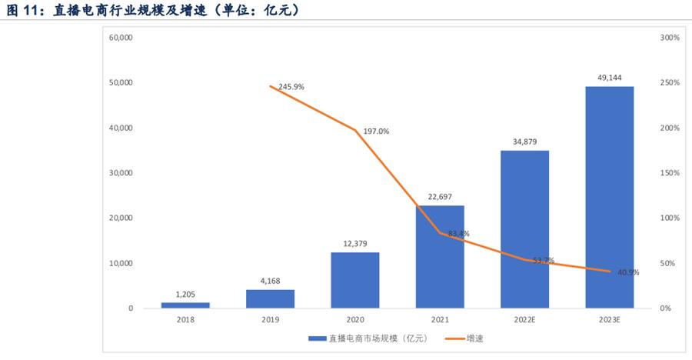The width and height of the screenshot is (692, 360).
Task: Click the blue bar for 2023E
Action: click(609, 197)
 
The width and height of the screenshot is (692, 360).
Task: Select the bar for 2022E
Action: click(524, 229)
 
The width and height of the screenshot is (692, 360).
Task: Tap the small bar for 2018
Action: click(185, 305)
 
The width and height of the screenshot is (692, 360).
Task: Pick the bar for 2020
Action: click(354, 280)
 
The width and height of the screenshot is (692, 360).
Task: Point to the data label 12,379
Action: click(354, 243)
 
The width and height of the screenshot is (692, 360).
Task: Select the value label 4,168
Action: click(270, 281)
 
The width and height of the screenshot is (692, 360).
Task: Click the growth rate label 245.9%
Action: click(291, 87)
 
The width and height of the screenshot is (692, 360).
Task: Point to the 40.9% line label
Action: click(628, 272)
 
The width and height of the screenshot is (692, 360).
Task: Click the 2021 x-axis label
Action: click(439, 319)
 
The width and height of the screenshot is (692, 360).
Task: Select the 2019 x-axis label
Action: click(270, 319)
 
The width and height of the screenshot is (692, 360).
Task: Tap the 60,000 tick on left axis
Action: click(121, 37)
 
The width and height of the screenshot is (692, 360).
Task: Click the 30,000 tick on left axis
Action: click(121, 173)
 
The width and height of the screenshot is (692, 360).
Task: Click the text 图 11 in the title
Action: click(25, 10)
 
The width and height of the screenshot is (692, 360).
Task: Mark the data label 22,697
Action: click(439, 197)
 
